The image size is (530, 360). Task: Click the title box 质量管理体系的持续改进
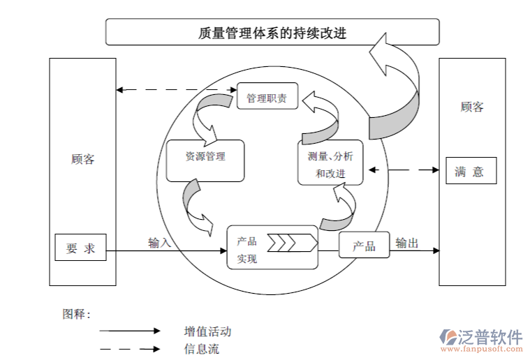coord(272,32)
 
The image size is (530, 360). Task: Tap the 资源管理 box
coord(205,157)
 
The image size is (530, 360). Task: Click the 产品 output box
coord(364,246)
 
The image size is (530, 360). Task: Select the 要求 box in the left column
coord(80,248)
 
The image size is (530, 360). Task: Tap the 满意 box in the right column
coord(471,172)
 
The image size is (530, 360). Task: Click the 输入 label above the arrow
coord(159,243)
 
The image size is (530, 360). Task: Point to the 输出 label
coord(407,243)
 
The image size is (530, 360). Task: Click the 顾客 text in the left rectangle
coord(82,159)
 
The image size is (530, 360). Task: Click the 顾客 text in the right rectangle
coord(472,107)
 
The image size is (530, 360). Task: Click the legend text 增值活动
coord(207,331)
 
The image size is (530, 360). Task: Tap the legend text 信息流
coord(202,349)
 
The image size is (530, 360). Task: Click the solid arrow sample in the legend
coord(130,331)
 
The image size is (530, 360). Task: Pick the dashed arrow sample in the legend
coord(130,349)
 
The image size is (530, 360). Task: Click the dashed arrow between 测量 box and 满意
coord(406,170)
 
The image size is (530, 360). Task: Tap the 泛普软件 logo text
coord(490,337)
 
